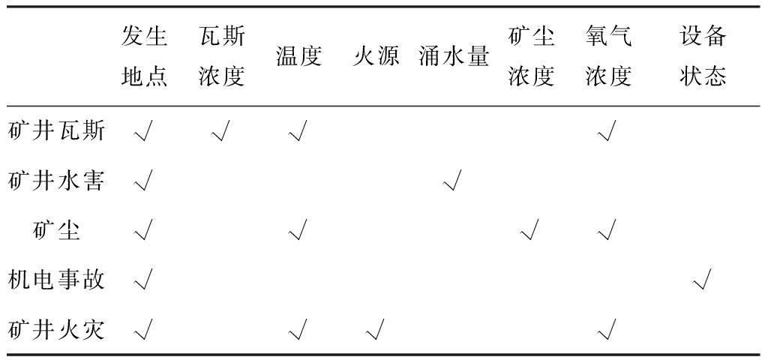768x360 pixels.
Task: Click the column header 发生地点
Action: [x=145, y=57]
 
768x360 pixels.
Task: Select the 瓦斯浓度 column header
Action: [x=222, y=57]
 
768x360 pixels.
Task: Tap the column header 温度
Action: [x=298, y=57]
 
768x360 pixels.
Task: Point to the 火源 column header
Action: [x=376, y=57]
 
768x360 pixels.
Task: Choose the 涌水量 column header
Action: [x=454, y=57]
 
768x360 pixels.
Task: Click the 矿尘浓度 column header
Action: [x=531, y=57]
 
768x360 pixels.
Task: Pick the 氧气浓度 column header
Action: [x=608, y=57]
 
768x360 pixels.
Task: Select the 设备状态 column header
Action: [x=703, y=57]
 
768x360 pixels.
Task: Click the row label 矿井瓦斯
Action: [x=56, y=131]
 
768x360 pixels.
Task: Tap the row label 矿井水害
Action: [x=56, y=181]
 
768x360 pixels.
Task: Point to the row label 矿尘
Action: [x=56, y=230]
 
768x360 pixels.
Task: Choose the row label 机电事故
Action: [x=56, y=280]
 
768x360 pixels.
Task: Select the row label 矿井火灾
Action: [x=56, y=329]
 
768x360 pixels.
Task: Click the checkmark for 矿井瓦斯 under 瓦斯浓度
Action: [x=220, y=131]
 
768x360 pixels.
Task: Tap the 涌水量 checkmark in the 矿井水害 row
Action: [x=452, y=181]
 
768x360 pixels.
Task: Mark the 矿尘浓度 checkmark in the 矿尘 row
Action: [x=529, y=230]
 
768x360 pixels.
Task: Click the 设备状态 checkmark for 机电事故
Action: [x=702, y=280]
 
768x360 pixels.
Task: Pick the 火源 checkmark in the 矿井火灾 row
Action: [x=375, y=329]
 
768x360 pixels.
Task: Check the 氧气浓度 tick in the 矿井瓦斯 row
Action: [x=607, y=131]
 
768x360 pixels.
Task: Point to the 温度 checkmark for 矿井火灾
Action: [x=298, y=329]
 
